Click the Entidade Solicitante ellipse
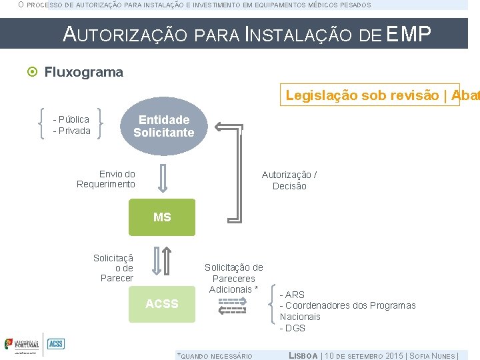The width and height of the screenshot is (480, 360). [x=163, y=126]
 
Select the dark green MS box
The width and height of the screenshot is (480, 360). [x=162, y=217]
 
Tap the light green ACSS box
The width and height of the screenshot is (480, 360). [x=162, y=304]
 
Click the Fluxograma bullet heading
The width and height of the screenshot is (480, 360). [x=83, y=72]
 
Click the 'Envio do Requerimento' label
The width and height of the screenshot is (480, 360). [x=107, y=179]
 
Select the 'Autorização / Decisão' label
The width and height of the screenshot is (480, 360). [x=289, y=180]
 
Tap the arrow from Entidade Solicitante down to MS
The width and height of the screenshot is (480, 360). [x=161, y=179]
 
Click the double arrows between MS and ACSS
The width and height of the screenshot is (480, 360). [x=161, y=261]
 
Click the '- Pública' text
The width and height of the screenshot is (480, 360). [x=71, y=119]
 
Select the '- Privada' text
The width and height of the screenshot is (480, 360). [x=71, y=131]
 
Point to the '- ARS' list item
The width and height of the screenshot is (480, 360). [x=292, y=295]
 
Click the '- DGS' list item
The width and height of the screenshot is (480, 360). [x=292, y=328]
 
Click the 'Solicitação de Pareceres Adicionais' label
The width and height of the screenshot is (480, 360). [x=233, y=278]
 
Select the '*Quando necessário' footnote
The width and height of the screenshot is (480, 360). [x=214, y=356]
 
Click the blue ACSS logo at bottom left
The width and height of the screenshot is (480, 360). [x=56, y=344]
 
